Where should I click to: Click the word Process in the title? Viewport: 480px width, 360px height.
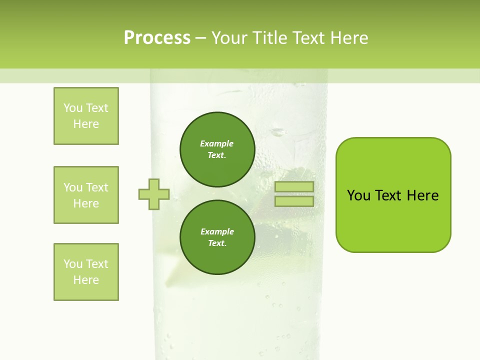[157, 38]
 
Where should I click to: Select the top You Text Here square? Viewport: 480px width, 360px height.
[86, 116]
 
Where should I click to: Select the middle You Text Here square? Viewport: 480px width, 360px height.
[86, 195]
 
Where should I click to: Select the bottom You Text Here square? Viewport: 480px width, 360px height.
[86, 272]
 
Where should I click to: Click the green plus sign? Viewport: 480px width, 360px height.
[154, 194]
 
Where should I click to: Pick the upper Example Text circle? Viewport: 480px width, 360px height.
[217, 149]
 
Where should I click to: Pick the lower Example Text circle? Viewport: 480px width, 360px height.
[217, 237]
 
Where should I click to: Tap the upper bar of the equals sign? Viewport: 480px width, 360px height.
[294, 187]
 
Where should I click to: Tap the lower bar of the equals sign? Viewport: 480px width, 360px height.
[294, 201]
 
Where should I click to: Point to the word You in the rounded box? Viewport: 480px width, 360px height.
[358, 195]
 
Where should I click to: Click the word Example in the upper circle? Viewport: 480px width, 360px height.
[216, 144]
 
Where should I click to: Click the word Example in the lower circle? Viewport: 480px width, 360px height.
[217, 232]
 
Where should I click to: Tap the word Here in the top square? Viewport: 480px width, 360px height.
[86, 124]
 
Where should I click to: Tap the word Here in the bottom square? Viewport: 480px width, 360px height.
[86, 280]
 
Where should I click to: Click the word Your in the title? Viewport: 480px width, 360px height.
[229, 38]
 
